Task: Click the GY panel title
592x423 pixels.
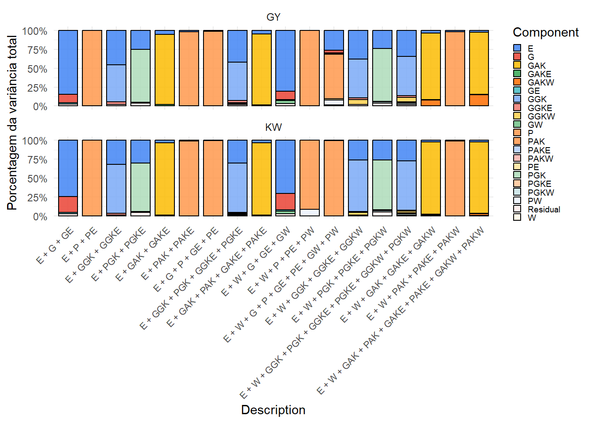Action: [273, 17]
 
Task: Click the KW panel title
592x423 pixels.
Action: [273, 127]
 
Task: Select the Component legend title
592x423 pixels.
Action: [545, 33]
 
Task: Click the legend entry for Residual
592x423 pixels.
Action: [544, 209]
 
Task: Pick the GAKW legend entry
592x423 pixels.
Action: [540, 82]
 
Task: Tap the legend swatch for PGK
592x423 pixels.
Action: [517, 175]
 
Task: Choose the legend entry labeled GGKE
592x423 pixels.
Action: [540, 108]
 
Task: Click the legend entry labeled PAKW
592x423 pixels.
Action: [540, 159]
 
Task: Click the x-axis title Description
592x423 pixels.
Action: [273, 410]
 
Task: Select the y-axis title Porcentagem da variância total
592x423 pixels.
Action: [12, 123]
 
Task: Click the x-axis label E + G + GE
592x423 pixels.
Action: [55, 247]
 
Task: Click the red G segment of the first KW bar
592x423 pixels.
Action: [68, 204]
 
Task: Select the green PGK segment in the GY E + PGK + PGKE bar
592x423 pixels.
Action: [141, 75]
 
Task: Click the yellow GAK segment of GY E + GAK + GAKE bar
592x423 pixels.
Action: [165, 69]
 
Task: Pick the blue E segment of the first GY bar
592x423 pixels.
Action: [68, 62]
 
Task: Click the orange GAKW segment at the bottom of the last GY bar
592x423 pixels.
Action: [479, 100]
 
